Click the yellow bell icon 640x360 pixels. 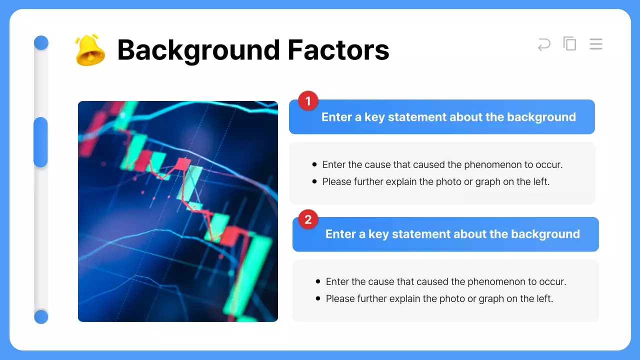(89, 50)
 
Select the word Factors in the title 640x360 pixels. (338, 50)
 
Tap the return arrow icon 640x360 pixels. (544, 44)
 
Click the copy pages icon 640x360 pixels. (569, 43)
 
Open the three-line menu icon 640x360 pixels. (595, 44)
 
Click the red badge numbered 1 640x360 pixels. (308, 101)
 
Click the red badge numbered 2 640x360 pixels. (308, 219)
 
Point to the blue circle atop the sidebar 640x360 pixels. (41, 43)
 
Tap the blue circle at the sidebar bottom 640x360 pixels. (41, 316)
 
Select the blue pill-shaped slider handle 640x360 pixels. (40, 142)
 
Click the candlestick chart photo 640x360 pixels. (178, 211)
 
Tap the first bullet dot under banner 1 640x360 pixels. (314, 164)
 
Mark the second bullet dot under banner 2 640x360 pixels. (318, 298)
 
